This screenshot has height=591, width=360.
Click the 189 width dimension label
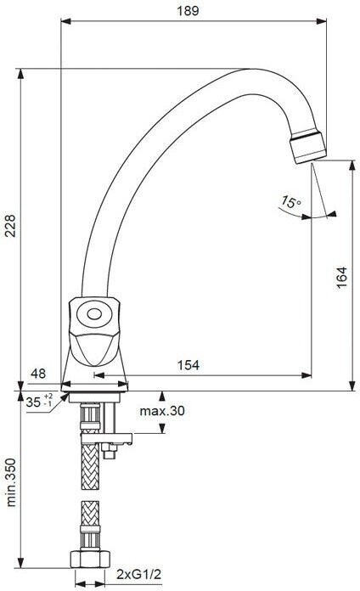click(x=188, y=10)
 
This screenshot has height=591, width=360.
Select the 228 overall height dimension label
click(x=10, y=225)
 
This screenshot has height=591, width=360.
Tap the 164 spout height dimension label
click(x=341, y=278)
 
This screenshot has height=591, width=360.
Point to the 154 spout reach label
click(x=188, y=365)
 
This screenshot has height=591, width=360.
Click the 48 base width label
click(x=38, y=373)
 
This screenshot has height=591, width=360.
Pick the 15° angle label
click(x=290, y=201)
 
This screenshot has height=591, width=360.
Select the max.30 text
click(x=162, y=410)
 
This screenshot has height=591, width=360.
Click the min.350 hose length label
click(x=12, y=482)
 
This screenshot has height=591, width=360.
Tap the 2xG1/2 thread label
click(x=138, y=574)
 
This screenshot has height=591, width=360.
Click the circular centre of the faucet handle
click(x=94, y=313)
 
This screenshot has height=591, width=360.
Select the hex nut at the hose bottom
click(x=90, y=559)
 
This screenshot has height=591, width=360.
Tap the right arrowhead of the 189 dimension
click(x=322, y=21)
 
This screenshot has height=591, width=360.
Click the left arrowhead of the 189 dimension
click(x=66, y=21)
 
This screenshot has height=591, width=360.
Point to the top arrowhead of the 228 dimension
click(x=20, y=74)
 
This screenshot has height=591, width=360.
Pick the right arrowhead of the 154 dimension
click(x=307, y=375)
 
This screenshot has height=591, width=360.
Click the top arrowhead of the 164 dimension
click(x=352, y=166)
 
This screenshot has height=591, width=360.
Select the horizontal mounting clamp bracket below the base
click(x=107, y=438)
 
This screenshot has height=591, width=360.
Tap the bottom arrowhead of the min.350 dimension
click(x=20, y=562)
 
